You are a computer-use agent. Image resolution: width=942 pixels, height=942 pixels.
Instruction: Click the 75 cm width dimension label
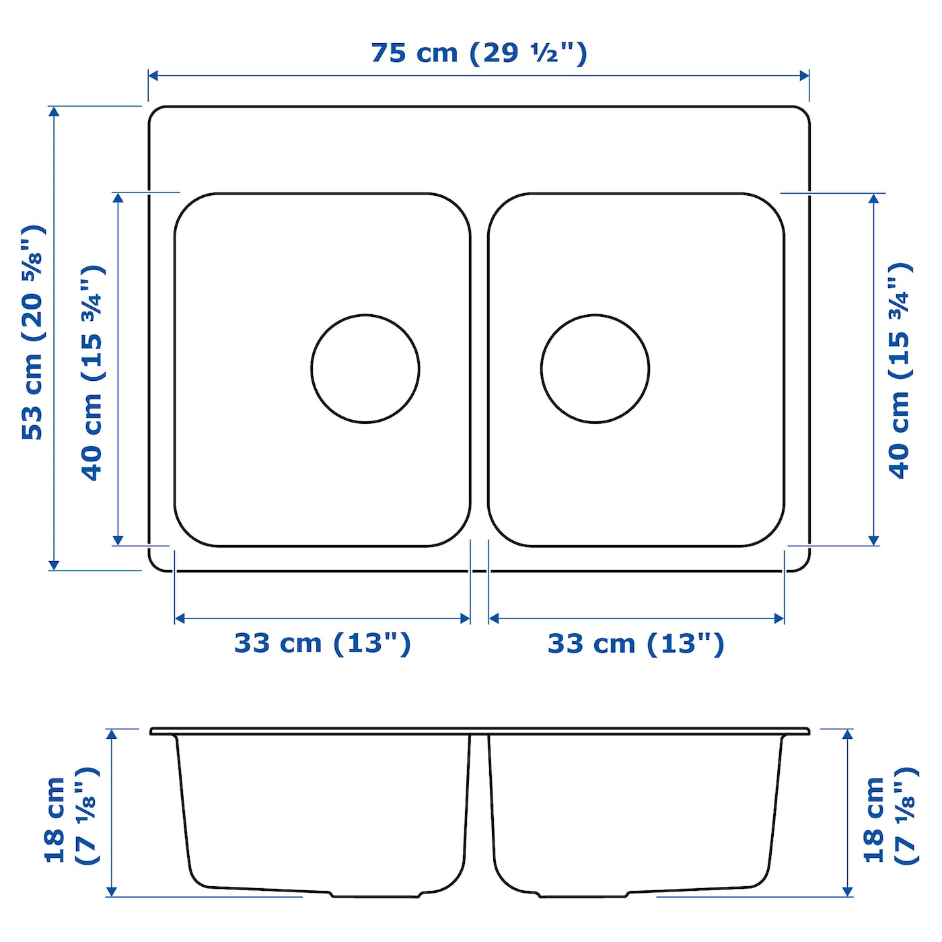479,53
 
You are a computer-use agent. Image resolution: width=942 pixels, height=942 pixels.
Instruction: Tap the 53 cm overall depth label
34,332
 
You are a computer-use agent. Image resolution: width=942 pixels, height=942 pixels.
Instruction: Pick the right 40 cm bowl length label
900,371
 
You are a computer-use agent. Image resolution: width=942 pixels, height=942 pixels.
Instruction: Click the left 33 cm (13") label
323,644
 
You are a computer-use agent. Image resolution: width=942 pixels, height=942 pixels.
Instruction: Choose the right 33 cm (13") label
636,644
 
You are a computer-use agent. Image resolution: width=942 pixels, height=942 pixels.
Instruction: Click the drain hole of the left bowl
365,369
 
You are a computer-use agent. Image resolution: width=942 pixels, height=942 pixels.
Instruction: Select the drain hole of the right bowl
595,369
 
